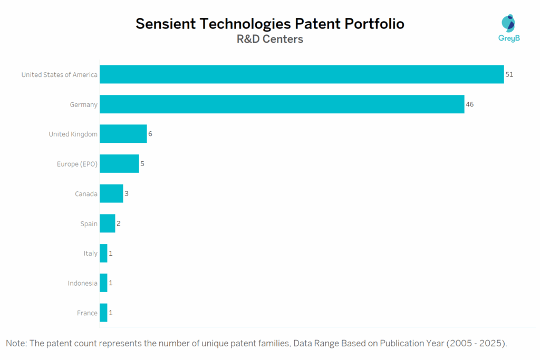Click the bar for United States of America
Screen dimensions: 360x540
point(302,74)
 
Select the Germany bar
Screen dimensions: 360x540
point(282,104)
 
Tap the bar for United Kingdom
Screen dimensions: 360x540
point(123,134)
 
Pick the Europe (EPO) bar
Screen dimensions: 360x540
point(119,164)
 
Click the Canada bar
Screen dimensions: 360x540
point(111,193)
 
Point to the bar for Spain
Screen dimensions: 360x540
point(107,223)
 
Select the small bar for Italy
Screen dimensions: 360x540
point(103,253)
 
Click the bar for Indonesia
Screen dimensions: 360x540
point(103,283)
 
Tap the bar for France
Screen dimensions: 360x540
point(103,313)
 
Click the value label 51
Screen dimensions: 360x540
point(509,75)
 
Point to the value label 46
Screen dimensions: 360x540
point(469,104)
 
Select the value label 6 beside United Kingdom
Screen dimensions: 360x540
point(150,134)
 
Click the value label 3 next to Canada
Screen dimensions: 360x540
point(127,194)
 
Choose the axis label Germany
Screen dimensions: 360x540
point(83,105)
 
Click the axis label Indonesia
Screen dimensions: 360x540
point(82,284)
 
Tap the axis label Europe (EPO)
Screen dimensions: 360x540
point(77,164)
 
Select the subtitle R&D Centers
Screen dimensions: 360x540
point(269,39)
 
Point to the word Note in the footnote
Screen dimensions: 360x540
point(16,344)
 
